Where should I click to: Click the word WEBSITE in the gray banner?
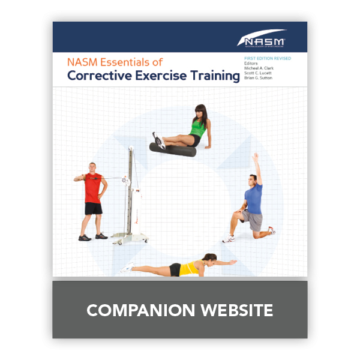click(x=235, y=310)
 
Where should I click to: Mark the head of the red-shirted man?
click(x=91, y=167)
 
